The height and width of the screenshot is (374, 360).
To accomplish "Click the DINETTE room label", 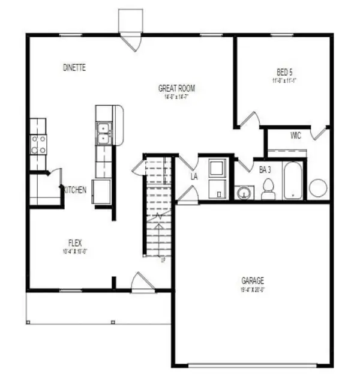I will [x=74, y=68].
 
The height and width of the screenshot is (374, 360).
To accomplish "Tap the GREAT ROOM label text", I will [x=176, y=88].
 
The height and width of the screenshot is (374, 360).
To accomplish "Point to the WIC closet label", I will [x=295, y=136].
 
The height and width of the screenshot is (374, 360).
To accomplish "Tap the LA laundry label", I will [x=194, y=177].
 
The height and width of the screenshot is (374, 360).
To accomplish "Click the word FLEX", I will [x=74, y=243].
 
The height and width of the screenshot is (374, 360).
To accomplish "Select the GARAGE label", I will [x=253, y=280].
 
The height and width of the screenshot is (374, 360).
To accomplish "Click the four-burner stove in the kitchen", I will [x=39, y=143].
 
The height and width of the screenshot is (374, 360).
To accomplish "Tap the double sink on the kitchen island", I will [x=103, y=133].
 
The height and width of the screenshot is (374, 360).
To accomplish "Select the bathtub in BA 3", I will [x=293, y=180].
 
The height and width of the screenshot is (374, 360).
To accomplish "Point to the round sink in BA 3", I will [x=244, y=193].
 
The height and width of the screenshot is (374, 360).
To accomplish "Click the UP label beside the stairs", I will [x=163, y=260].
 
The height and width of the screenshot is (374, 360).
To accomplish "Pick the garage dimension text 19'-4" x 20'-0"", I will [x=253, y=289].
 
